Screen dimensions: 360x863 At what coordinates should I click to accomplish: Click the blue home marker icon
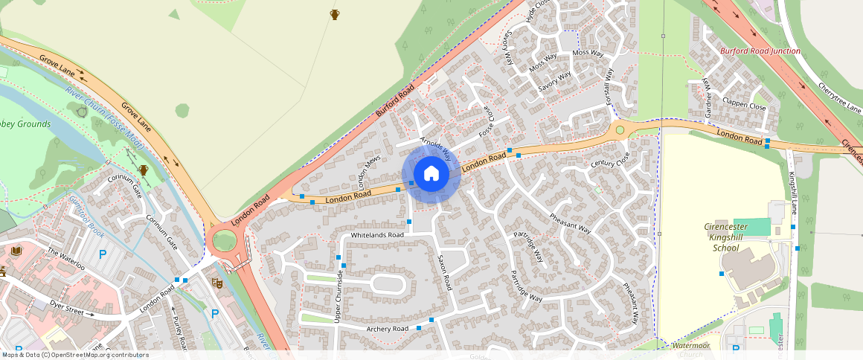431,174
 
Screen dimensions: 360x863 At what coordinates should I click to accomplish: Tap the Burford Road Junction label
760,51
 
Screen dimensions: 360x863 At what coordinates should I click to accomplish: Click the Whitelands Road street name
377,235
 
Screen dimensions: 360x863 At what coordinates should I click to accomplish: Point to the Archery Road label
387,329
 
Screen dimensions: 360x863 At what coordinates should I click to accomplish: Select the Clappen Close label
744,106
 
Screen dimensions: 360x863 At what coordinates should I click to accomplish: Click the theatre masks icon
218,283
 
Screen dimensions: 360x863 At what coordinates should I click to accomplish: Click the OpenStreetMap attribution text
75,355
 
